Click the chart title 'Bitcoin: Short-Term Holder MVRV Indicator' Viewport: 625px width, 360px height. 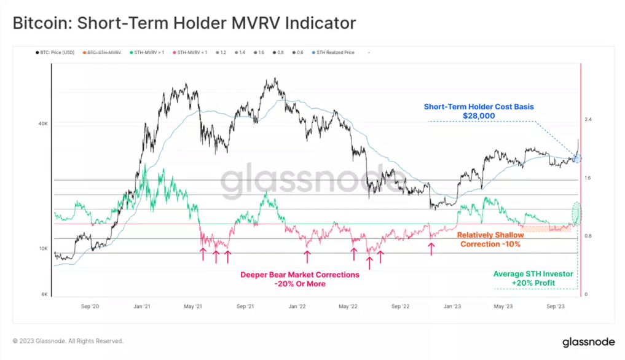(x=184, y=23)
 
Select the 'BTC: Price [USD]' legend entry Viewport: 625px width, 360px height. (x=56, y=53)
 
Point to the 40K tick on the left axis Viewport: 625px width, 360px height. (x=43, y=123)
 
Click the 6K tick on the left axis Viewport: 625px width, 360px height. (x=44, y=295)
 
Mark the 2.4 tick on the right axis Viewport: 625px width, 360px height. (x=588, y=119)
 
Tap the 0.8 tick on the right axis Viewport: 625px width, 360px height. (x=588, y=236)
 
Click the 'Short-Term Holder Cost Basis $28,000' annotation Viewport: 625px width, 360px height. (x=479, y=111)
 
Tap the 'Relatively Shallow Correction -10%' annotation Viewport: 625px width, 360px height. (x=490, y=240)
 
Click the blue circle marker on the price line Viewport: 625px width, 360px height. (x=576, y=158)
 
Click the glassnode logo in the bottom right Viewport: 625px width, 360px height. (x=586, y=342)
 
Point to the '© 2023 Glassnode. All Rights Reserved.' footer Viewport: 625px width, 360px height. (x=68, y=341)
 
